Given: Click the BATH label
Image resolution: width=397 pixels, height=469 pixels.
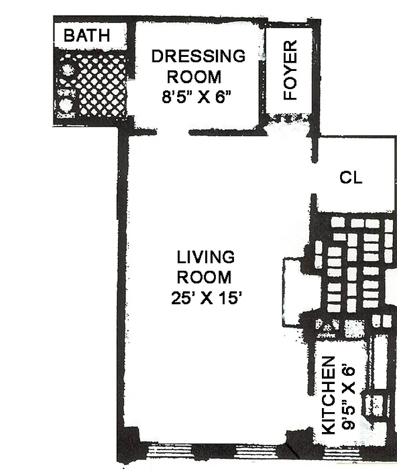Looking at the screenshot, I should point(86,35).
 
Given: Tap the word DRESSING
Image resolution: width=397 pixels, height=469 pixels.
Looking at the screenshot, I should point(198,56).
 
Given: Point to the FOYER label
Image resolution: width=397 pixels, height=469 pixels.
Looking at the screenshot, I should point(291,70).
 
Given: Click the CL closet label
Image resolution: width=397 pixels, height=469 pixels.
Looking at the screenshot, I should point(351,178).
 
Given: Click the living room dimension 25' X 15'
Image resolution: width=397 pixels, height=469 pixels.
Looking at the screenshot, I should point(206,298).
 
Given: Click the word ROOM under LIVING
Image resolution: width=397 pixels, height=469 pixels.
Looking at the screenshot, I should point(204,277).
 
